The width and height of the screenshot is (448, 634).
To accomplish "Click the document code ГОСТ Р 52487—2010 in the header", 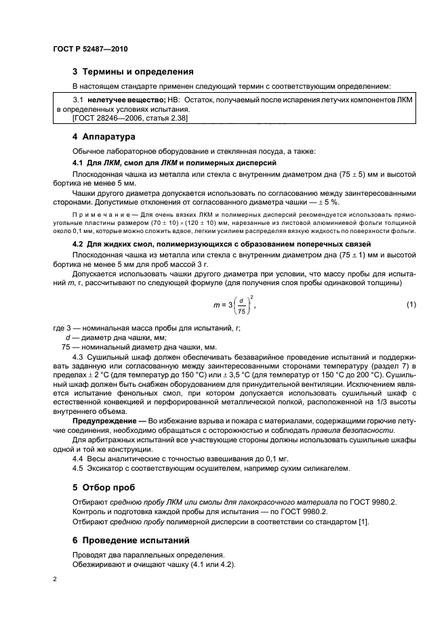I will pos(89,49).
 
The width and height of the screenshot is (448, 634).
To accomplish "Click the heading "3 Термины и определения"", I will pos(134,71).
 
